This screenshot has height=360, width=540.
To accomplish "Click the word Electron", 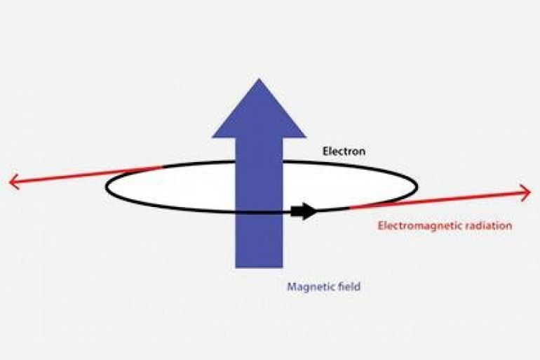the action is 344,152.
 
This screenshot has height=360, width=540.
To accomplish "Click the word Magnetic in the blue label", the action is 308,286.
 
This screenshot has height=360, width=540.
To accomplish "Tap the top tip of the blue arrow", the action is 259,79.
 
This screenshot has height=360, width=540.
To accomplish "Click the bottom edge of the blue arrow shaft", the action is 259,267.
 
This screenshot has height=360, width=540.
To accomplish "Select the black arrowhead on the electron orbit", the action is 304,211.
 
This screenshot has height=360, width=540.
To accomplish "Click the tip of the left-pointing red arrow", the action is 9,181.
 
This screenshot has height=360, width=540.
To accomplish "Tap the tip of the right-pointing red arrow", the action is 531,192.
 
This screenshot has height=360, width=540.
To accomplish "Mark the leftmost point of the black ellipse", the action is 106,187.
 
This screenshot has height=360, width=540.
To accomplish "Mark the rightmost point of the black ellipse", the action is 417,187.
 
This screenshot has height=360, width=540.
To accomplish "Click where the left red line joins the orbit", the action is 163,168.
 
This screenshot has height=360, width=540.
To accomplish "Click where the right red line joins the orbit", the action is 350,208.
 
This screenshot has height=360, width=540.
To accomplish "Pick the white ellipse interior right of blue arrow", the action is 348,185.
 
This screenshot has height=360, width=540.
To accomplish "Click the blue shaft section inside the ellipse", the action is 259,187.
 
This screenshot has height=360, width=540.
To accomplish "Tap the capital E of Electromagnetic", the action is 381,226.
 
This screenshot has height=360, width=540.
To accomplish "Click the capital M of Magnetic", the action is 292,286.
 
